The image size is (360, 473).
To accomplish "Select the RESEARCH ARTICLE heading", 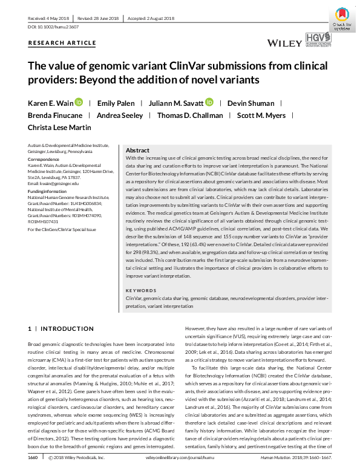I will tap(62, 43).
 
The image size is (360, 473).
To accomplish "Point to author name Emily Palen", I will tap(117, 103).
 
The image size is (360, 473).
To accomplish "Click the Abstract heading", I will tap(137, 150).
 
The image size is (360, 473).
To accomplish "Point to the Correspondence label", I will tap(45, 159).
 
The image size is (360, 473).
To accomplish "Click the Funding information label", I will tap(48, 191).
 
